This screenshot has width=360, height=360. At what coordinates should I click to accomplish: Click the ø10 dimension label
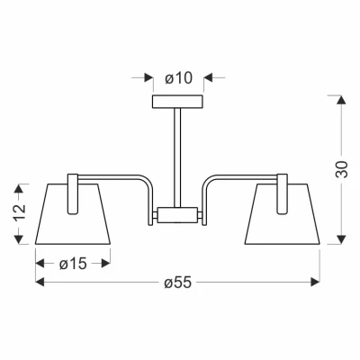(179, 79)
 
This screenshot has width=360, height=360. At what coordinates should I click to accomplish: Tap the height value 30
(342, 168)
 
